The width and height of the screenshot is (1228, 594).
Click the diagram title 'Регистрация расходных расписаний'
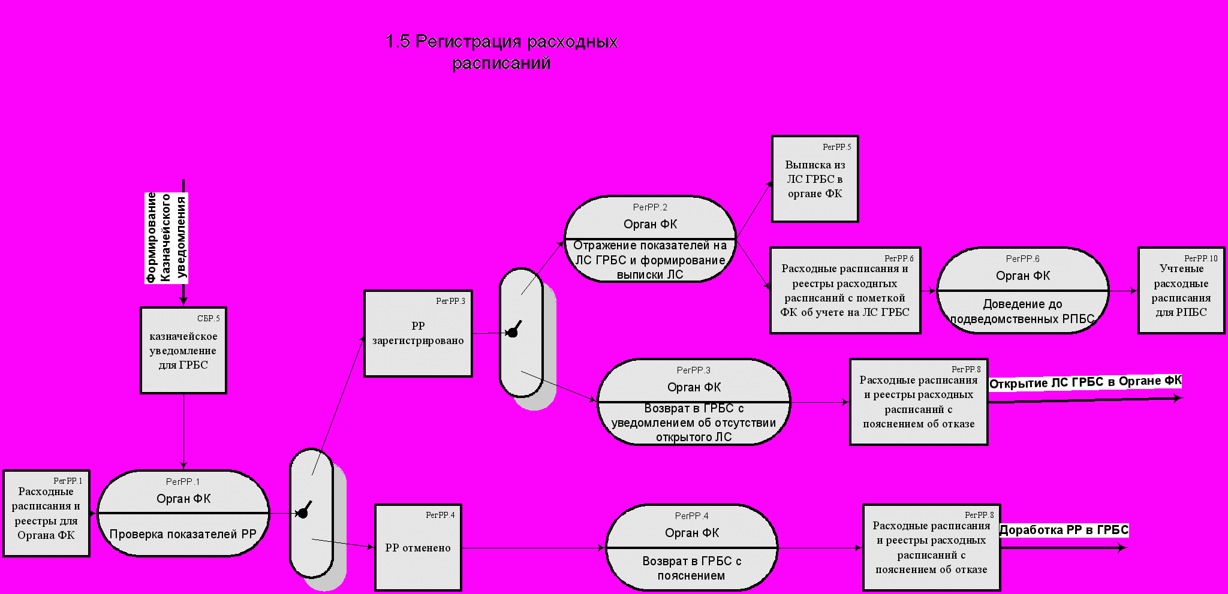[501, 52]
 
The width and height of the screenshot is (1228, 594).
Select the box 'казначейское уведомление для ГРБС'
[183, 351]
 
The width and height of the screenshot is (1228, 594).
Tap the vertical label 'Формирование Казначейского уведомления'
[167, 237]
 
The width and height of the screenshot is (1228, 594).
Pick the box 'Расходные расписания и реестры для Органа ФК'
[46, 514]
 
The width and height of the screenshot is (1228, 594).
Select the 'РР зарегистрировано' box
[418, 334]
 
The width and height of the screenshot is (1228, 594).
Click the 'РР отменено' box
[418, 548]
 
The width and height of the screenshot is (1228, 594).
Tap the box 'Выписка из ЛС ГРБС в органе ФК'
[815, 179]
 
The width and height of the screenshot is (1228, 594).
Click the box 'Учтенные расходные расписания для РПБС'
[1181, 291]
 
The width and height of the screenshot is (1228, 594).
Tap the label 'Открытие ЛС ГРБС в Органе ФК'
[1085, 382]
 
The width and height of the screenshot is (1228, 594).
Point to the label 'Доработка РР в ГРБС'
[1064, 530]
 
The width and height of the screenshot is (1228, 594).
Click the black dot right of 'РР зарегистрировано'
[513, 331]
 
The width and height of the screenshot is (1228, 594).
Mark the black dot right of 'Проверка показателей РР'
[303, 512]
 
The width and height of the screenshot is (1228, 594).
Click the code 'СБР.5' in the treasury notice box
[208, 318]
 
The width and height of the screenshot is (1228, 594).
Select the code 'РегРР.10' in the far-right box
[1200, 258]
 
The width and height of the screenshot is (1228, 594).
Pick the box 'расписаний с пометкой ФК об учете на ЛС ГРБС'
[845, 291]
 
